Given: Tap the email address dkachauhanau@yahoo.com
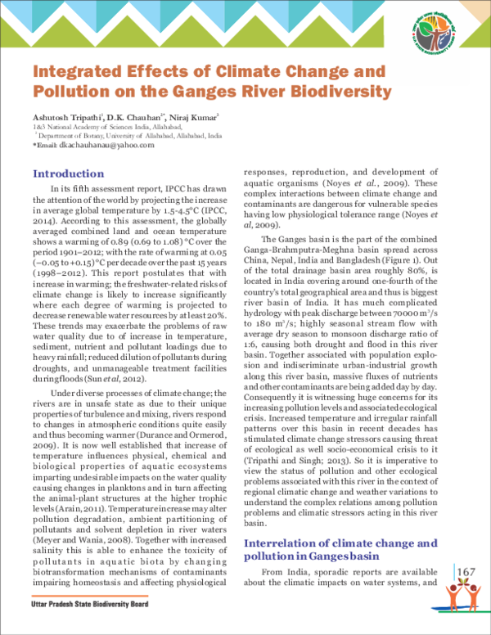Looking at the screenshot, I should point(97,145).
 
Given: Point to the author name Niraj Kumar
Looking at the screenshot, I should point(188,118).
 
